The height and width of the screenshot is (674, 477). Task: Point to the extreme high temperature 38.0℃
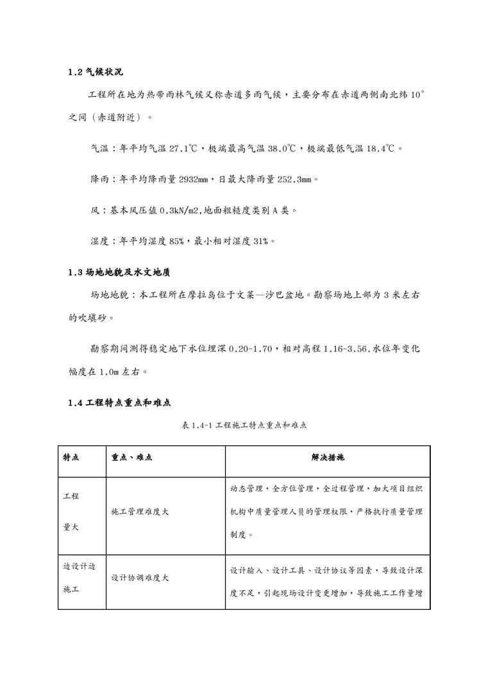coord(281,149)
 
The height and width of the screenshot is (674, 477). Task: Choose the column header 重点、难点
coord(131,458)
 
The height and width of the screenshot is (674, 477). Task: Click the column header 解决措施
coord(327,458)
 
